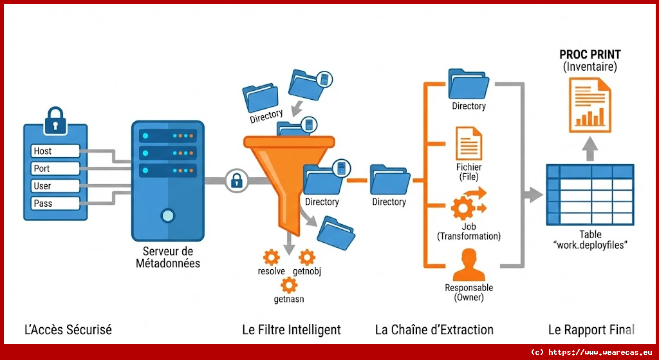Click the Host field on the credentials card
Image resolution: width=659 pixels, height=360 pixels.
(x=55, y=151)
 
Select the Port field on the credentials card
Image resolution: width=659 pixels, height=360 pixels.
(x=55, y=169)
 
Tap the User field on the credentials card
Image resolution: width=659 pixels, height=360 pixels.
(x=55, y=186)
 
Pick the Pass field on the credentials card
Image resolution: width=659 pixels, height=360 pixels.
(x=55, y=204)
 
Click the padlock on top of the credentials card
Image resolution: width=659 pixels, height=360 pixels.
(x=56, y=120)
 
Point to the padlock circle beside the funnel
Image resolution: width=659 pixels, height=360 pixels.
(x=236, y=180)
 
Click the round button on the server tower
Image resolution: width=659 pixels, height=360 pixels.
(x=167, y=215)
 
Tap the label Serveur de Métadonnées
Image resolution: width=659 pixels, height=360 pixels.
(x=168, y=258)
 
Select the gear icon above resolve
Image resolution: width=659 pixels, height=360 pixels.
(x=272, y=256)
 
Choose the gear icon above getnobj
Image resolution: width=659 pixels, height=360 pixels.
(x=307, y=256)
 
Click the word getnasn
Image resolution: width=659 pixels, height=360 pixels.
(x=289, y=299)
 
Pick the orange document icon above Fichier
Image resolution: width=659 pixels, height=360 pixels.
(x=469, y=144)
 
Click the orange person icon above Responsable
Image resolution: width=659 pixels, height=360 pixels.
(x=469, y=265)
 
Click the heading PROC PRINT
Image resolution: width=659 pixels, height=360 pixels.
(x=589, y=55)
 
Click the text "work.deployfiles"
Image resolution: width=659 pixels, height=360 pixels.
(x=590, y=245)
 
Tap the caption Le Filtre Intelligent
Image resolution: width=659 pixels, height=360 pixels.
(x=292, y=330)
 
